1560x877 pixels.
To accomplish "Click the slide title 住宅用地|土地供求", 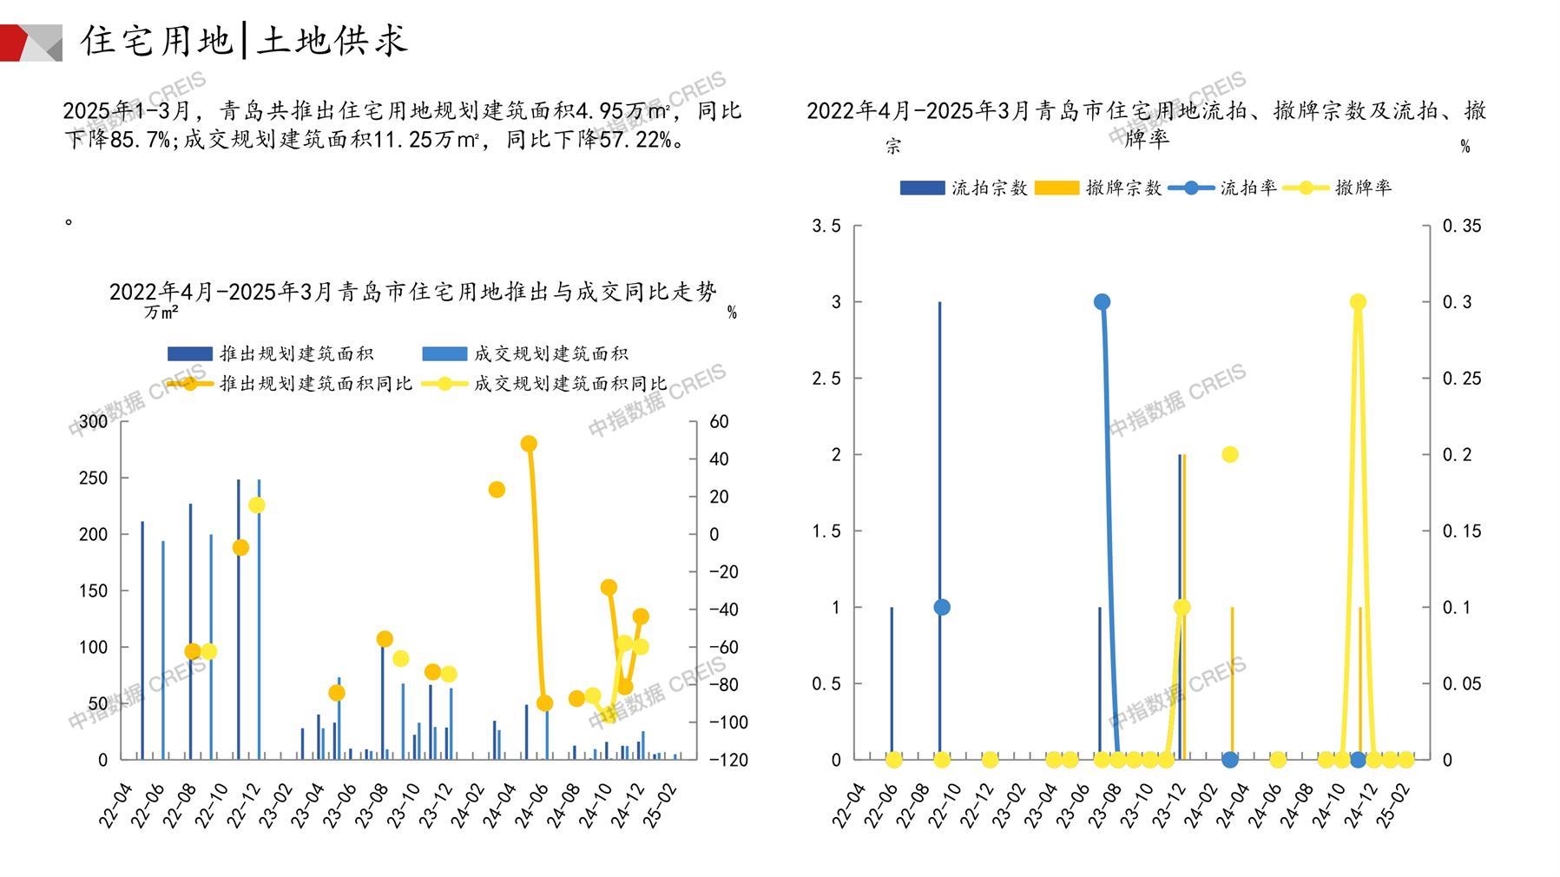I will (244, 40).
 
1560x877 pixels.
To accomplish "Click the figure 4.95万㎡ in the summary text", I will (622, 111).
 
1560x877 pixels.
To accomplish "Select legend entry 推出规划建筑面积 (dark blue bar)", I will (271, 353).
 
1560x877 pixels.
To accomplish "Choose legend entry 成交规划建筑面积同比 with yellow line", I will (544, 383).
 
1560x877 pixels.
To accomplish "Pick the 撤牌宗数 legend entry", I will (1098, 188).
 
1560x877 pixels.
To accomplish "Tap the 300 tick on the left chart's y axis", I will (94, 422).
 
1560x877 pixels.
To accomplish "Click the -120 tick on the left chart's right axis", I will (728, 760).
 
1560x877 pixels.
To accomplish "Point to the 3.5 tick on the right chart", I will (826, 226).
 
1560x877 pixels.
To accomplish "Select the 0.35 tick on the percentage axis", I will (1462, 226).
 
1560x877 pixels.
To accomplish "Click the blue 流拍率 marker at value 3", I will (1102, 302).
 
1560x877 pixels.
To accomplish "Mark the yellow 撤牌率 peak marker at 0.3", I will (1358, 302).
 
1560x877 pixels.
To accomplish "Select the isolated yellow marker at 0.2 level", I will (1229, 454).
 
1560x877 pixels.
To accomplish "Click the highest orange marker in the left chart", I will (529, 444).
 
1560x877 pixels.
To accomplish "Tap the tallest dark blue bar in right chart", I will (939, 530).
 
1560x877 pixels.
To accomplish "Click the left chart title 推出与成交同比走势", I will (413, 292).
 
